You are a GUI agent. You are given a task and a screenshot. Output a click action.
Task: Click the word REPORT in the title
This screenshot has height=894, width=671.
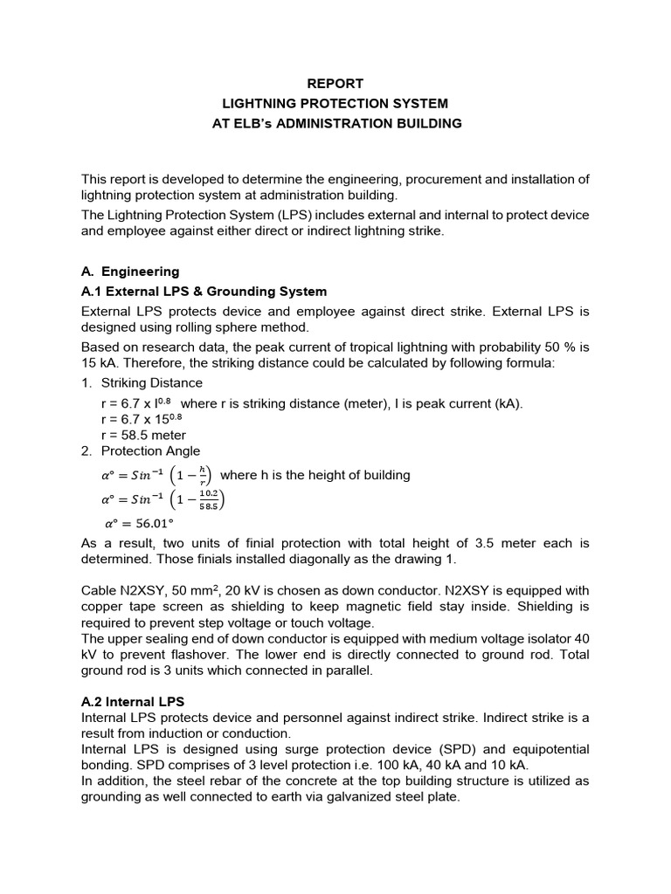click(x=335, y=85)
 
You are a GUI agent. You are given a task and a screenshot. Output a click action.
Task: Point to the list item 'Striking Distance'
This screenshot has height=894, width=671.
click(x=152, y=382)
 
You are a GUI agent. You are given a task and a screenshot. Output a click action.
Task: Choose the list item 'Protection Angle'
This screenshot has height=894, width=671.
click(x=150, y=451)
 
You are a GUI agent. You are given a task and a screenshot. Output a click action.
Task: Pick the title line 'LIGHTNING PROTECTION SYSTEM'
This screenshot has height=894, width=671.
click(x=335, y=104)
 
